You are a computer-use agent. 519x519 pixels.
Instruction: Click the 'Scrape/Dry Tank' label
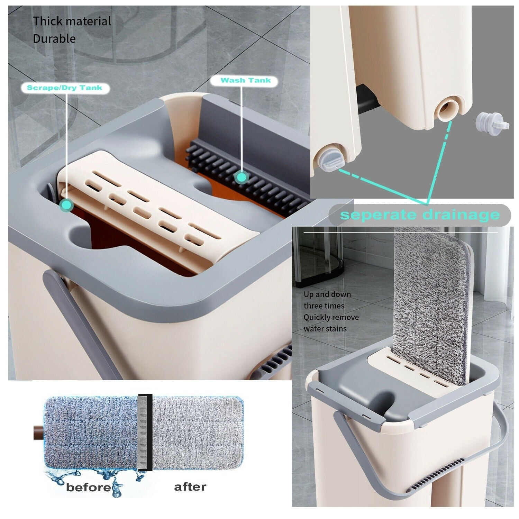click(65, 88)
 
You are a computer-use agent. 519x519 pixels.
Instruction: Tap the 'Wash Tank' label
click(246, 81)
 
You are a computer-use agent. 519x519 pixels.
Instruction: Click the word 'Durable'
click(54, 38)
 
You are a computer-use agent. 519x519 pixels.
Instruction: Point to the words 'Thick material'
click(72, 21)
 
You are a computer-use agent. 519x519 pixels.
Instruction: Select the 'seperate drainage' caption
click(420, 215)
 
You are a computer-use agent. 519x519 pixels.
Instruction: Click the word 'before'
click(88, 488)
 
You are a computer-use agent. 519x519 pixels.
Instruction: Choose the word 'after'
click(190, 487)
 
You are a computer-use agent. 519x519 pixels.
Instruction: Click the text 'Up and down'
click(327, 294)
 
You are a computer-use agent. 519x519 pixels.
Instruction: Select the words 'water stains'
click(325, 329)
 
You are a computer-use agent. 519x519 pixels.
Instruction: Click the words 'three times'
click(324, 306)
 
